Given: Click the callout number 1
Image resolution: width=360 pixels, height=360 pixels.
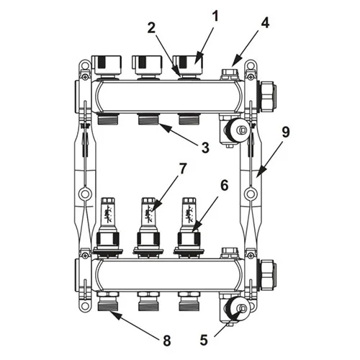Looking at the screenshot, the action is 215,17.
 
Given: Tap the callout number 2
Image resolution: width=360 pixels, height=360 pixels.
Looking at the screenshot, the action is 151,28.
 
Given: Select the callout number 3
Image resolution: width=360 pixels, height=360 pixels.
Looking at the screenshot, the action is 205,148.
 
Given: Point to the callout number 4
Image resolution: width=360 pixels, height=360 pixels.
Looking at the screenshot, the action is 265,23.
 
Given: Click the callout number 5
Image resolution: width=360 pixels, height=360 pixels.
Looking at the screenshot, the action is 204,340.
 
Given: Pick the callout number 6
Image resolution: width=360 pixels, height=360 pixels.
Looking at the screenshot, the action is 225,185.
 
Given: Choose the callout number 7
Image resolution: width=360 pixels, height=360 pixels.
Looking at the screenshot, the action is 183,168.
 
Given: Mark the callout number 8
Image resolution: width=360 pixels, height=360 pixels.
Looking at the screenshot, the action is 166,341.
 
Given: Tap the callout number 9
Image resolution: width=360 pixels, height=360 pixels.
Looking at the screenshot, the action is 286,132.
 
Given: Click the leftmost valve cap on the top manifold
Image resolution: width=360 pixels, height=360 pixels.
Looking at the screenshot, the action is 107,65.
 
